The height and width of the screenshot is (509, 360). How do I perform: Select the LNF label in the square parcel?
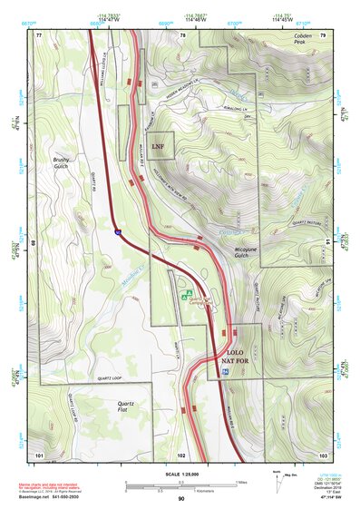158,145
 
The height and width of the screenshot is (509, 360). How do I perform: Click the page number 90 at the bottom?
180,500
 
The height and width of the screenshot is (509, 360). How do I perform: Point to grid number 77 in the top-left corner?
39,34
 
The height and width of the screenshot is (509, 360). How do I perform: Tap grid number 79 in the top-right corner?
321,34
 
